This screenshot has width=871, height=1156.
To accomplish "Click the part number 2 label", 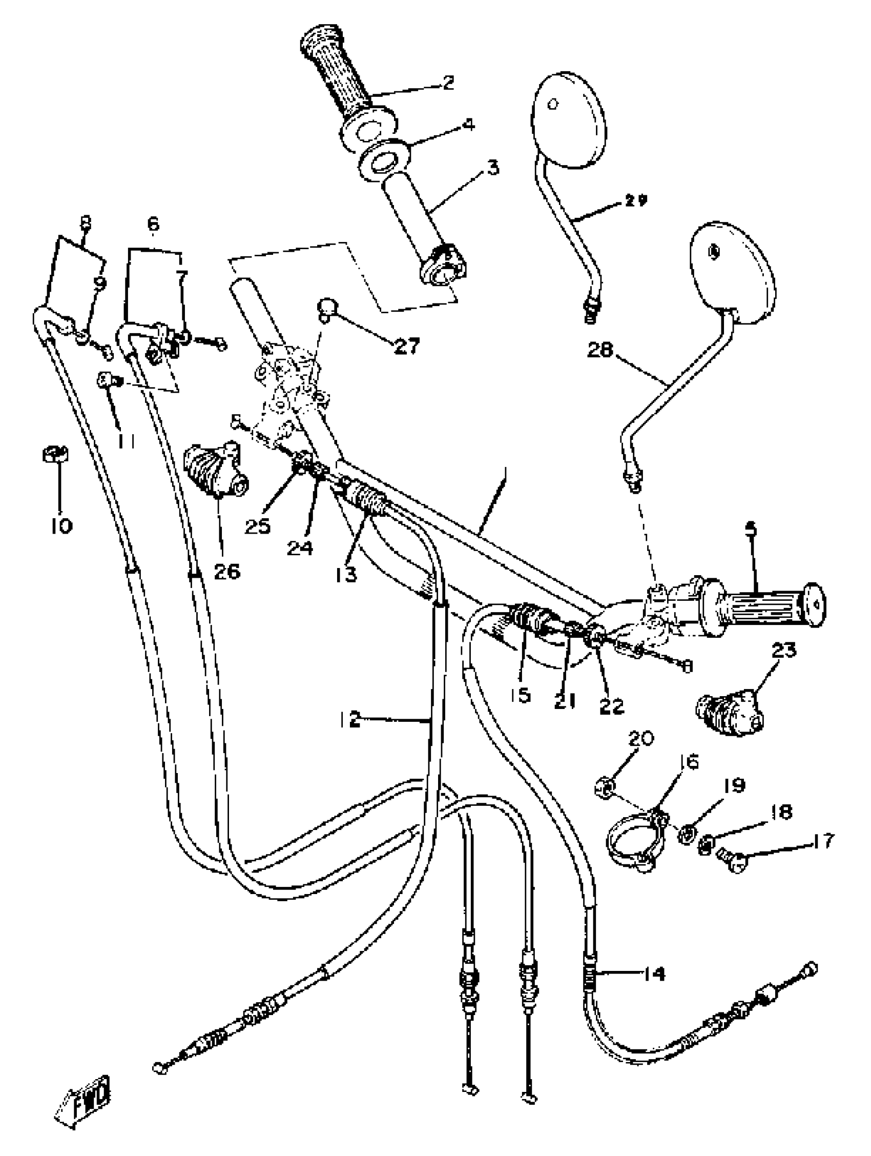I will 447,83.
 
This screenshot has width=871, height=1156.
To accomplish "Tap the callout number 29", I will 635,200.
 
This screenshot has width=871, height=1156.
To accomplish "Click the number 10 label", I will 61,526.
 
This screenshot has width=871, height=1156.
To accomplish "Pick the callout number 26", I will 226,571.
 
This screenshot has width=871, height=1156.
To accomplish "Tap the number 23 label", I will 783,651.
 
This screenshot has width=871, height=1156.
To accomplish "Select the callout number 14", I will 652,974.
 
